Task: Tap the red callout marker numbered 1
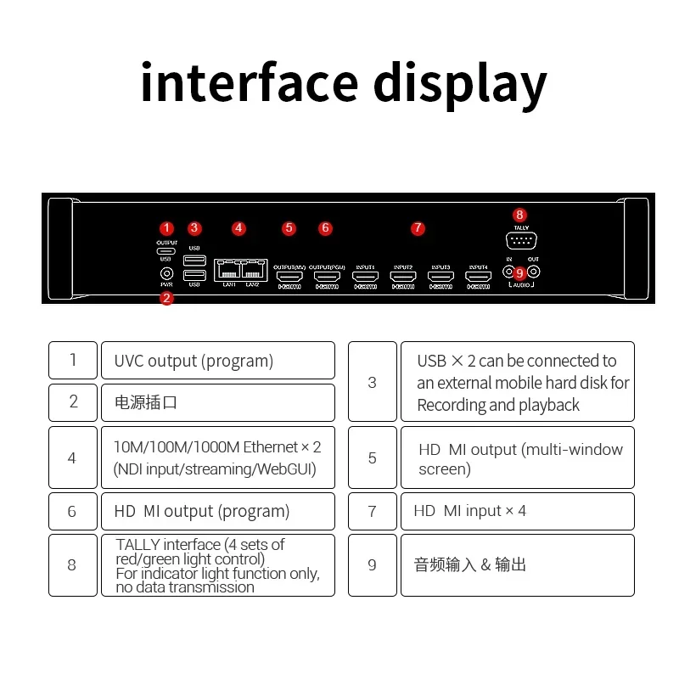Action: (x=167, y=227)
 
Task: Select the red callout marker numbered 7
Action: (x=417, y=227)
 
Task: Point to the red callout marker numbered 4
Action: (x=238, y=227)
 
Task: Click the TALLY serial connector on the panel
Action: (x=520, y=241)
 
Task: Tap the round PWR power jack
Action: (x=167, y=273)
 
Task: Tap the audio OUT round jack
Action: (x=534, y=272)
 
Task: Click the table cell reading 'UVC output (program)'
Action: (x=217, y=361)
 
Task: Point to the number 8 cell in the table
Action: (x=72, y=564)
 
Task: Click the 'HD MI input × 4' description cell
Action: (x=517, y=511)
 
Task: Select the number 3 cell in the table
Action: (x=372, y=382)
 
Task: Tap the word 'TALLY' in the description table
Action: (x=137, y=545)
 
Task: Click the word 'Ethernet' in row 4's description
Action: (x=270, y=447)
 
